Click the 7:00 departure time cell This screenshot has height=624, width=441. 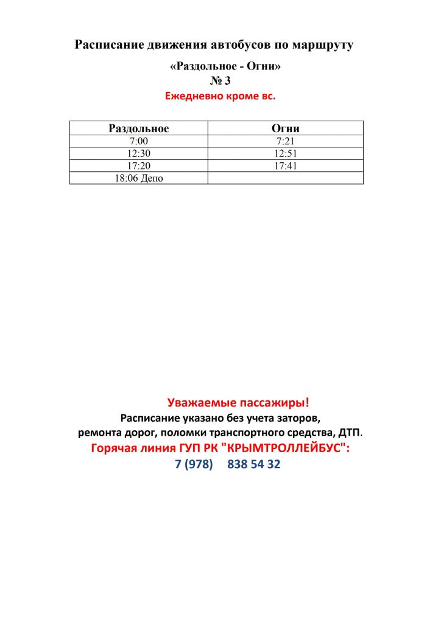pos(139,141)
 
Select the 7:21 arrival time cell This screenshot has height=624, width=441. pos(285,141)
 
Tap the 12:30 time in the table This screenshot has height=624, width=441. pos(139,153)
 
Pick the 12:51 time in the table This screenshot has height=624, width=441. pos(285,153)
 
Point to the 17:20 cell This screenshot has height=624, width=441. pos(139,165)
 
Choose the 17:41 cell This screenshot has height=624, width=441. pos(285,165)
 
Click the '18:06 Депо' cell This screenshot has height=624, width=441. pos(139,178)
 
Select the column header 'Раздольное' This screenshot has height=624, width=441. pos(139,128)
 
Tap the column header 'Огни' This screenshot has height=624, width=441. pos(285,128)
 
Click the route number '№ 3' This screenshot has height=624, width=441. pos(220,80)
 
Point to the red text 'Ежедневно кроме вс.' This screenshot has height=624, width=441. pos(220,96)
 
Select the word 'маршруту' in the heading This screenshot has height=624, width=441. pos(323,44)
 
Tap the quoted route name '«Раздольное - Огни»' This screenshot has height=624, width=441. pos(225,66)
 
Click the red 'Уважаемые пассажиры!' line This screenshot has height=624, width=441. pos(238,402)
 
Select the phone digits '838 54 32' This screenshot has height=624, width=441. pos(254,464)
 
